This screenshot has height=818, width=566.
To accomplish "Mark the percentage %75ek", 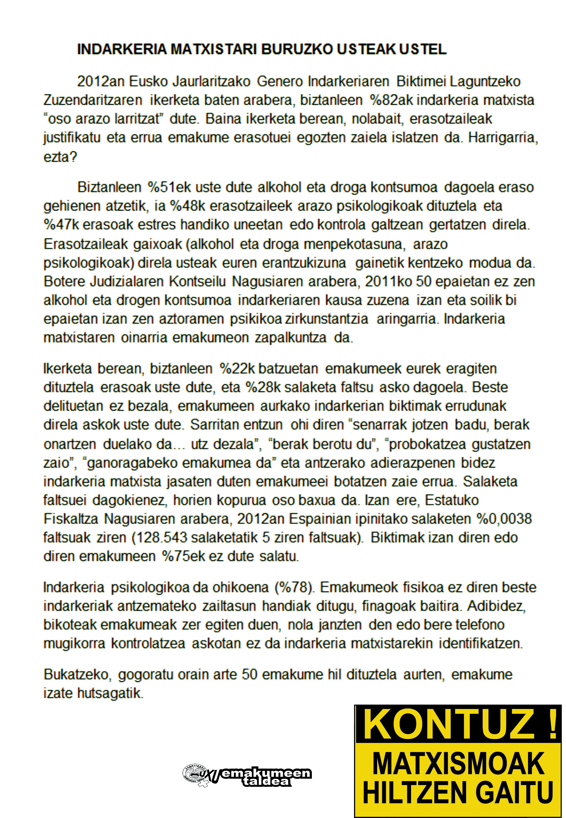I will [184, 556].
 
